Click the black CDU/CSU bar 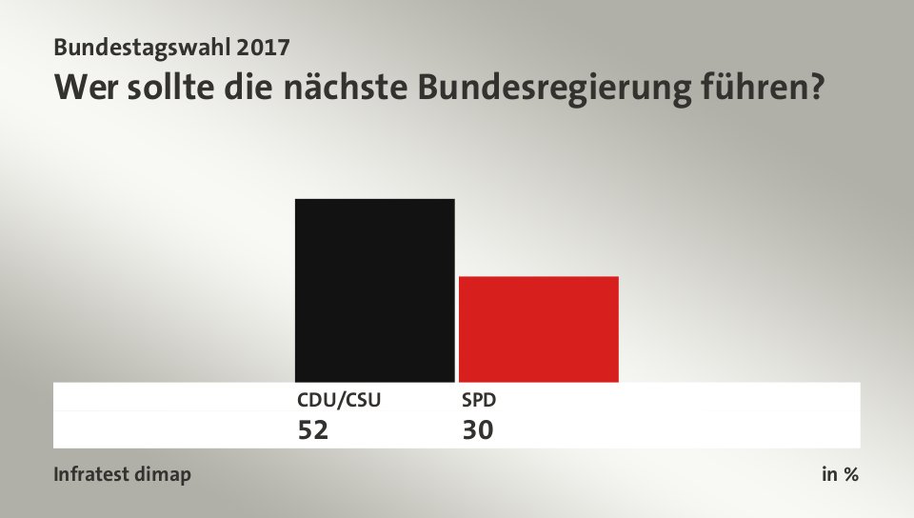click(374, 290)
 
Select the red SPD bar click(539, 329)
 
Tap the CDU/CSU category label click(339, 400)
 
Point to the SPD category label click(478, 400)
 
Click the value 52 click(313, 430)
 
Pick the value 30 click(478, 430)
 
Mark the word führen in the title click(745, 88)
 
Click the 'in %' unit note click(840, 474)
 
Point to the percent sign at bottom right click(849, 474)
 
